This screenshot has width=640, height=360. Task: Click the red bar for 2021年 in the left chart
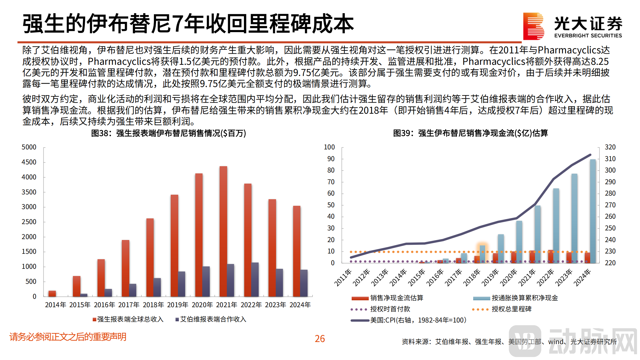pos(223,231)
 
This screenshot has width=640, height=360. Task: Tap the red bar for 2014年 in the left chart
pos(52,294)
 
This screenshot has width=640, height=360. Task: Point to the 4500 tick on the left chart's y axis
pos(29,162)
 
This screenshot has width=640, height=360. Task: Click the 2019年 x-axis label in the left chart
pos(178,305)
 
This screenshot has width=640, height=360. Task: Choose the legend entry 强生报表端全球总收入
pos(128,319)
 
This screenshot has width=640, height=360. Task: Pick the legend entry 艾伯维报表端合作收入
pos(211,319)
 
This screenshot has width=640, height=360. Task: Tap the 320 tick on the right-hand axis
pos(610,147)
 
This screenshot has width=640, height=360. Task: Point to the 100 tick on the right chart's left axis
pos(329,147)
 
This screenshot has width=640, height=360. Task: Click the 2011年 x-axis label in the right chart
pos(343,277)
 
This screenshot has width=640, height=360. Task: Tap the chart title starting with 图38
pos(168,133)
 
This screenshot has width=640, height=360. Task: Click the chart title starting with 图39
pos(470,133)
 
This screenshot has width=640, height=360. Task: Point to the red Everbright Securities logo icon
pos(533,26)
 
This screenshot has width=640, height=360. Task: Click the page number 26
pos(320,339)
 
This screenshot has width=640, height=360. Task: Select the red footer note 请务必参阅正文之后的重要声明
pos(68,337)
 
